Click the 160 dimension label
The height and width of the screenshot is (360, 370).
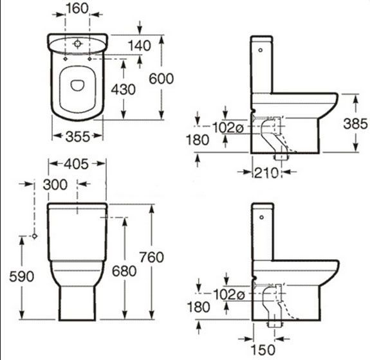point(77,8)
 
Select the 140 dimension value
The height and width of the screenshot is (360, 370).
point(140,46)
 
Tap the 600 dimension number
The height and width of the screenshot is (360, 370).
point(162,78)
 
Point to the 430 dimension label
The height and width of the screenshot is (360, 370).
point(123,89)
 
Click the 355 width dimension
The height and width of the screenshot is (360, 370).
point(78,136)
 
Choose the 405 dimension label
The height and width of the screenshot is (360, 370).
point(76,164)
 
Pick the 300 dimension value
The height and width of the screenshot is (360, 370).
point(55,184)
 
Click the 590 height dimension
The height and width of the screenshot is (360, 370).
point(22,276)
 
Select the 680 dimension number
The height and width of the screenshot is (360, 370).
point(124,271)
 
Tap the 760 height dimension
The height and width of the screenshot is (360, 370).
point(151,257)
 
